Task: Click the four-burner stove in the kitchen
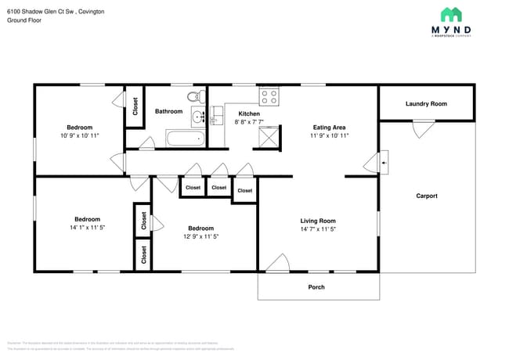(x=269, y=97)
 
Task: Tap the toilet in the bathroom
(x=193, y=97)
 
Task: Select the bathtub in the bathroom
(x=185, y=139)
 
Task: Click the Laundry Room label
(x=426, y=104)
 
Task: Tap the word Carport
(x=427, y=196)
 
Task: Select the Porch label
(x=316, y=287)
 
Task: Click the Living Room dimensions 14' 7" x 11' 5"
(x=317, y=229)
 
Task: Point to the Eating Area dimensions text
(x=329, y=135)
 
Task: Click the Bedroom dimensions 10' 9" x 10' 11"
(x=79, y=135)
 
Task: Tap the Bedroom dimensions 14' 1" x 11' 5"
(x=87, y=228)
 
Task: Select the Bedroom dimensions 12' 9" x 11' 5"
(x=200, y=236)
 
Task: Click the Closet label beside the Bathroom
(x=135, y=106)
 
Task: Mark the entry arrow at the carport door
(x=383, y=162)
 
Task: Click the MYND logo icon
(x=450, y=14)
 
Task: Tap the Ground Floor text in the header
(x=24, y=20)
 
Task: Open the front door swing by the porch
(x=276, y=264)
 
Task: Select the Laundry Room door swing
(x=424, y=127)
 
